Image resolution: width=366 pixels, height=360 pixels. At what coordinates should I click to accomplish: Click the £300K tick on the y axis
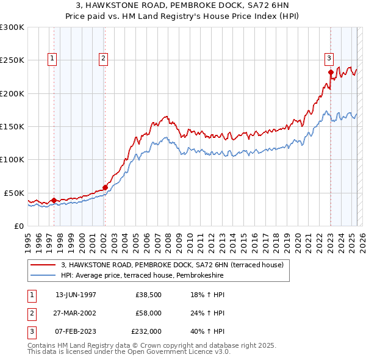tap(12, 27)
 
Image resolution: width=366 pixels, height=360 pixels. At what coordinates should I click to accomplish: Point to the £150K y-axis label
tap(12, 127)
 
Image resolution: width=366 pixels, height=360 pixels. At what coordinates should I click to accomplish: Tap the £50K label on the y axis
tap(15, 193)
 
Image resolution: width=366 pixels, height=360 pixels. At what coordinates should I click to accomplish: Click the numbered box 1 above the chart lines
tap(52, 59)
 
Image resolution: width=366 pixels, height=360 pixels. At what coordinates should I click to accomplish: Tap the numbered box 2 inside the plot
tap(104, 59)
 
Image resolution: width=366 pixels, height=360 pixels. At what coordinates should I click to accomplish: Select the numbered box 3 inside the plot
tap(329, 59)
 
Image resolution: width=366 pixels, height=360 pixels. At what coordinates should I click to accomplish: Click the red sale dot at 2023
tap(331, 73)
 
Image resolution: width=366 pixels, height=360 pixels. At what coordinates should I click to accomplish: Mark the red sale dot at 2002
tap(105, 187)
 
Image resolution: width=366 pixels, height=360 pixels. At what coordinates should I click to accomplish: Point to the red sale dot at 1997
tap(54, 200)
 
